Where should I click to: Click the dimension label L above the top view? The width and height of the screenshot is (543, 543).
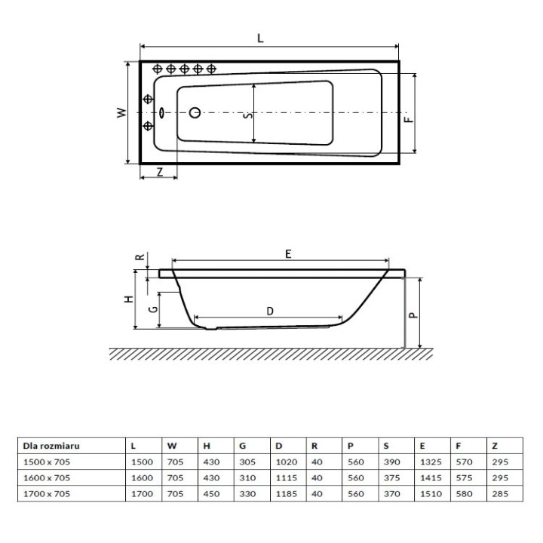click(x=260, y=39)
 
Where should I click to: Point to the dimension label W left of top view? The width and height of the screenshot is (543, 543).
click(x=120, y=112)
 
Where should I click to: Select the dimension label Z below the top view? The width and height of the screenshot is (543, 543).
click(x=159, y=171)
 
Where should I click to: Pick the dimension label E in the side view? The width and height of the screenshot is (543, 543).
click(x=287, y=255)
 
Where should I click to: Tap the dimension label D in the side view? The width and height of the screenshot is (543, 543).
click(x=269, y=310)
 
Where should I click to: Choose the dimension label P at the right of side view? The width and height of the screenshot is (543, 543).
click(x=413, y=317)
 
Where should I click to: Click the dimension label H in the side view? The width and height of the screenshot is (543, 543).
click(x=128, y=299)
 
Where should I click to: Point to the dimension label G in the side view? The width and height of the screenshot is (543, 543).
click(x=152, y=310)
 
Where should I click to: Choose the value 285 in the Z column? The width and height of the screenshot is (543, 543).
click(x=500, y=493)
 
